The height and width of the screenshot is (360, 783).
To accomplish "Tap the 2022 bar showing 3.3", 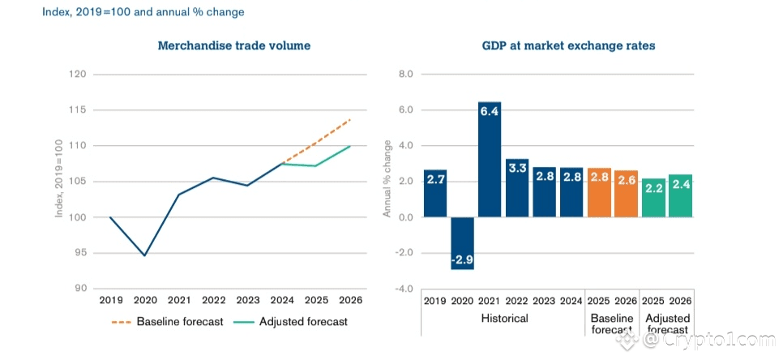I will click(518, 187).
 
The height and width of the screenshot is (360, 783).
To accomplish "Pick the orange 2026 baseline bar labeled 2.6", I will click(627, 194).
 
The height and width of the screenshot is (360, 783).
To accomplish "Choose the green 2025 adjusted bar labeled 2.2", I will click(654, 198).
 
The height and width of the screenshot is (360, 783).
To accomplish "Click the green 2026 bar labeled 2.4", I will click(681, 195).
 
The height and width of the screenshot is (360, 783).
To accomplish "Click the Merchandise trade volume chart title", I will click(233, 46).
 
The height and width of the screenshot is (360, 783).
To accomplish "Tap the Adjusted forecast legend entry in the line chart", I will click(296, 322).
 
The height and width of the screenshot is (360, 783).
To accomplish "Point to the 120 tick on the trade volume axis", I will click(78, 75).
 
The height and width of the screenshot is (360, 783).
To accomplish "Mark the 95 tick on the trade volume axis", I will click(79, 253).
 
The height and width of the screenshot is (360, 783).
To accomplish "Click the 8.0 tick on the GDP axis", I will click(404, 75).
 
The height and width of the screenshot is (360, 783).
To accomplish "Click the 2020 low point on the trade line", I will click(144, 255).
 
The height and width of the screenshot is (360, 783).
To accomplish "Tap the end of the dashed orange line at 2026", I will click(350, 120).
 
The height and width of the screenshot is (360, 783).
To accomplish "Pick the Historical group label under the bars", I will click(503, 319).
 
